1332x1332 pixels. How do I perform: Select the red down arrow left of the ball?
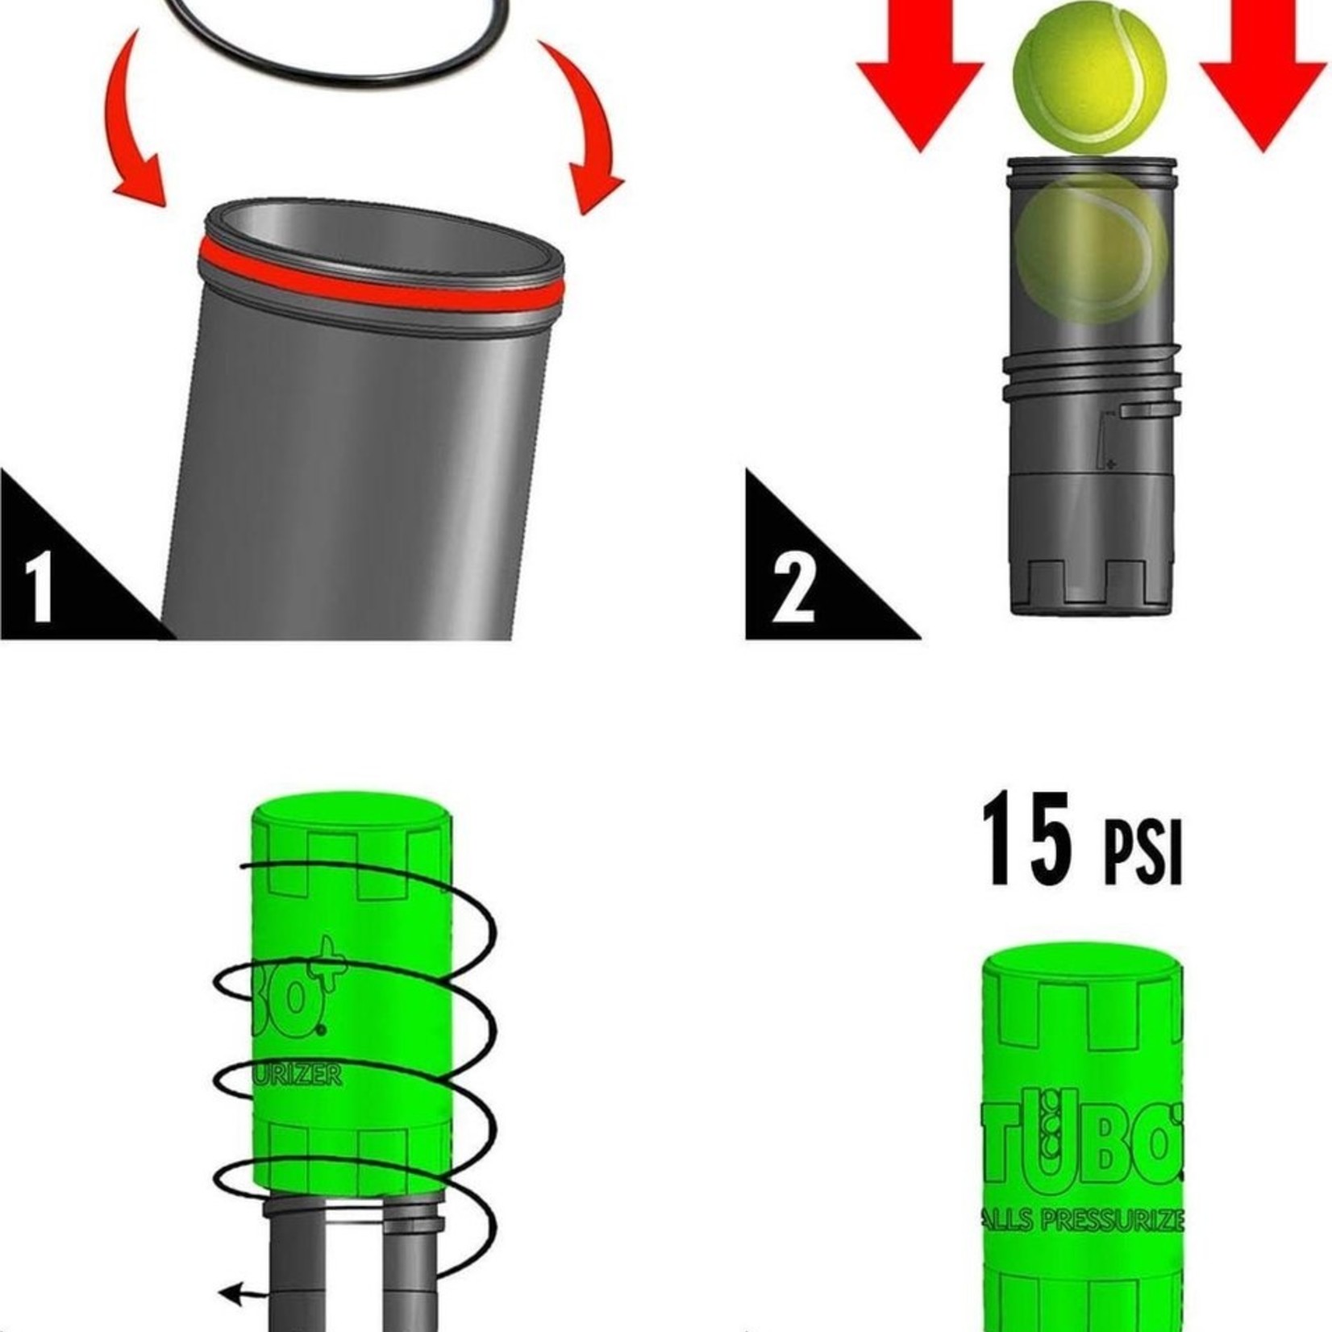pyautogui.click(x=920, y=73)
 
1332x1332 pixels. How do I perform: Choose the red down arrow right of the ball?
pyautogui.click(x=1263, y=73)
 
